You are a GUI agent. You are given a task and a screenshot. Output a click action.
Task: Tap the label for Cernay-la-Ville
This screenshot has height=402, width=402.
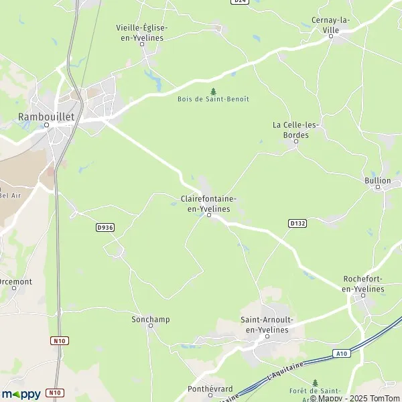(x=332, y=25)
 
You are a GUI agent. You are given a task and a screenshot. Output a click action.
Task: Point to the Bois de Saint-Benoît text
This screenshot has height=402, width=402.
(x=213, y=99)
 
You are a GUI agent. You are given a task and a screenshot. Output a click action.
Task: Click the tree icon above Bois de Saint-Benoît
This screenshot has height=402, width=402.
(x=213, y=90)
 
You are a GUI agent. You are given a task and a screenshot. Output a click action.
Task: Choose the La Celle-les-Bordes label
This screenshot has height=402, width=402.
(x=296, y=129)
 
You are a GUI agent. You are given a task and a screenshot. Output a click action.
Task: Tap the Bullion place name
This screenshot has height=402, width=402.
(x=378, y=180)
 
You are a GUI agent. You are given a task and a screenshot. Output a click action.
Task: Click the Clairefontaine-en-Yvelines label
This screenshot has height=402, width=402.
(x=208, y=204)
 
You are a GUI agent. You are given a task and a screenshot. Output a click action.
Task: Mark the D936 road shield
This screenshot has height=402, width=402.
(x=105, y=227)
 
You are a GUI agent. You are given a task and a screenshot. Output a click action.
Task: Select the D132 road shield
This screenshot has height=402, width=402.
(x=298, y=222)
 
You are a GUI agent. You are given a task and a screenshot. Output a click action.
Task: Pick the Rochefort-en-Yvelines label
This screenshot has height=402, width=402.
(x=362, y=283)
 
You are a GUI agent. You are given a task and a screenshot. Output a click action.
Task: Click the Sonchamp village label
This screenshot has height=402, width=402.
(x=150, y=320)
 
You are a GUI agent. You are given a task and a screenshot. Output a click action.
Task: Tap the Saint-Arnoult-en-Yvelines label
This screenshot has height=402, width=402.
(x=265, y=325)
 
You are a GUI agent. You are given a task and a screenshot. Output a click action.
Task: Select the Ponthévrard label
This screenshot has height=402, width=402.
(x=210, y=388)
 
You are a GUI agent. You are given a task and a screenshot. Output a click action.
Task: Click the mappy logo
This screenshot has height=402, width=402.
(x=21, y=394)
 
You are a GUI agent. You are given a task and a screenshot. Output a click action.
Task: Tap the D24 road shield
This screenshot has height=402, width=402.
(x=240, y=2)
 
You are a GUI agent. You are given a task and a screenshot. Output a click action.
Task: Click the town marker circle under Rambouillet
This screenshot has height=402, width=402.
(x=47, y=125)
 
